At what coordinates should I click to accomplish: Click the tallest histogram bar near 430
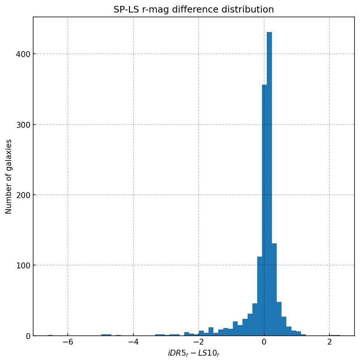tap(269, 184)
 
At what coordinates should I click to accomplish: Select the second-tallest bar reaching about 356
tap(264, 210)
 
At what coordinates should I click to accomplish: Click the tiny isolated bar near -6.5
tap(50, 335)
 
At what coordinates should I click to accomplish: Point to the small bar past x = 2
tap(335, 335)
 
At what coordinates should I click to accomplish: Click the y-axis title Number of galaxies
tap(9, 176)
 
